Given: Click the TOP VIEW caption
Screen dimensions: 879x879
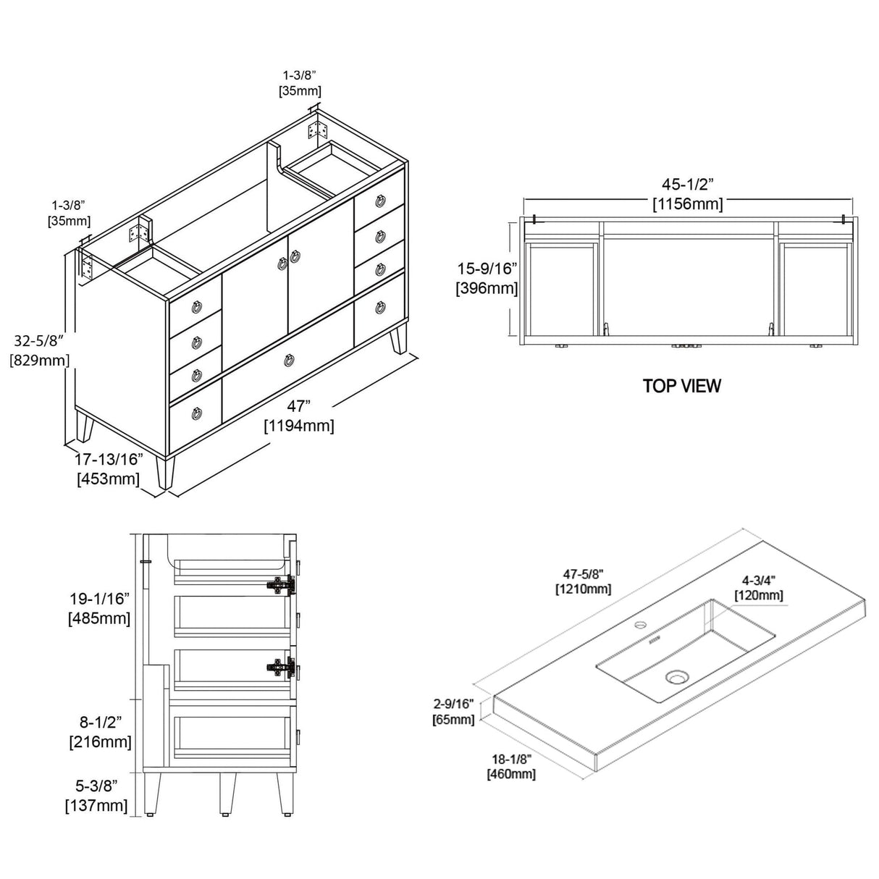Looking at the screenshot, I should point(681,386).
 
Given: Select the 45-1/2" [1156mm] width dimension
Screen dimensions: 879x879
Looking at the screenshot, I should point(687,195).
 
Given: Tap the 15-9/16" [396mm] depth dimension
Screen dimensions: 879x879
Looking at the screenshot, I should point(486,279).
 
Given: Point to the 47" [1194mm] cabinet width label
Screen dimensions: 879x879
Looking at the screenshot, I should point(298,416).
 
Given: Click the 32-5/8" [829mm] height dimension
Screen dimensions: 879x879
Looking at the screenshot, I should point(38,350).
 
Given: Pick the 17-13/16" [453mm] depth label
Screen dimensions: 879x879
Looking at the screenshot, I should point(109,469).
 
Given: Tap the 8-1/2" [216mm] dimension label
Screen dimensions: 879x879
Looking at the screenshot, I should point(100,732).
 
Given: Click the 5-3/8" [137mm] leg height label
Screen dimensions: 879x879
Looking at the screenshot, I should point(97,795).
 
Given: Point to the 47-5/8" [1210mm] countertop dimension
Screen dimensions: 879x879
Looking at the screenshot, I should point(583,581).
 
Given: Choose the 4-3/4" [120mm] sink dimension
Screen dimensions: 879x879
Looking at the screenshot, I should point(758,588).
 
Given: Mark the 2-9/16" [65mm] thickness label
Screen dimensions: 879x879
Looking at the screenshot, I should point(454,712).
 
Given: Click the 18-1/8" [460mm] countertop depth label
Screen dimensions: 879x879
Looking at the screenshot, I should point(511,766).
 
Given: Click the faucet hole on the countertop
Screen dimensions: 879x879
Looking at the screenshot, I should point(640,623).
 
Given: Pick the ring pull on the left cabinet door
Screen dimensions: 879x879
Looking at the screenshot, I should point(281,264).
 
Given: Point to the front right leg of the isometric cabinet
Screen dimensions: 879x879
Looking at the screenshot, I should point(398,340).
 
